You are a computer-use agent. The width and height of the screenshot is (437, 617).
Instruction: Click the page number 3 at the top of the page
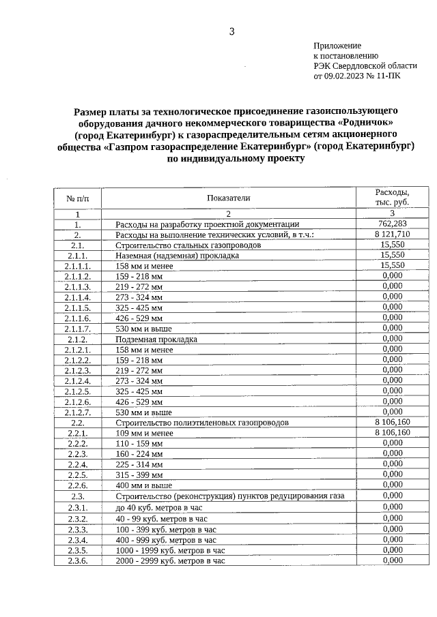tap(231, 31)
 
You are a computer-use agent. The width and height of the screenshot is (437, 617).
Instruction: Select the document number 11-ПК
tap(388, 77)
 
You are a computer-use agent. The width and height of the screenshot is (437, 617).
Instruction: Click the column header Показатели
tap(229, 198)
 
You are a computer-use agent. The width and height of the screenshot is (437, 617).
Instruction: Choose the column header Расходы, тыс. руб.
tap(392, 198)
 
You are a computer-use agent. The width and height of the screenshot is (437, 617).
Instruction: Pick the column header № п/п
tap(78, 198)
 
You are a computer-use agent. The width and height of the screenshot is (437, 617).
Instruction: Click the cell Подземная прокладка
tap(156, 339)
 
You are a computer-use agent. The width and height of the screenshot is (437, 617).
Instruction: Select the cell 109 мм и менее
tap(144, 434)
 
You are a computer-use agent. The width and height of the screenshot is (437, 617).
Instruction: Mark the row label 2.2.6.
tap(78, 485)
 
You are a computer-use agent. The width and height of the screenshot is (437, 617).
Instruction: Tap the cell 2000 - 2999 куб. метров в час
tap(170, 560)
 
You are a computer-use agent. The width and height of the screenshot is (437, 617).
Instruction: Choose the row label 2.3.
tap(78, 496)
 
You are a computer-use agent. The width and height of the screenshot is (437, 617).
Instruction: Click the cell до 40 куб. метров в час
tap(160, 508)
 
